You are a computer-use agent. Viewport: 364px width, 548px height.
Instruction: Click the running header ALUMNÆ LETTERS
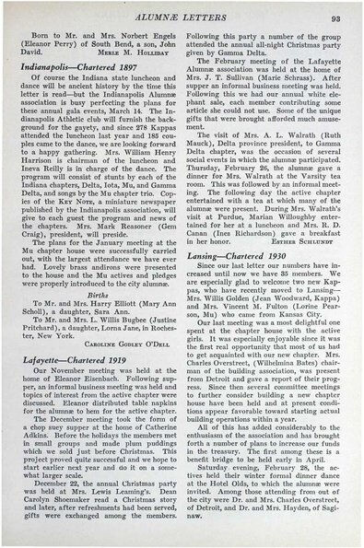click(183, 16)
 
